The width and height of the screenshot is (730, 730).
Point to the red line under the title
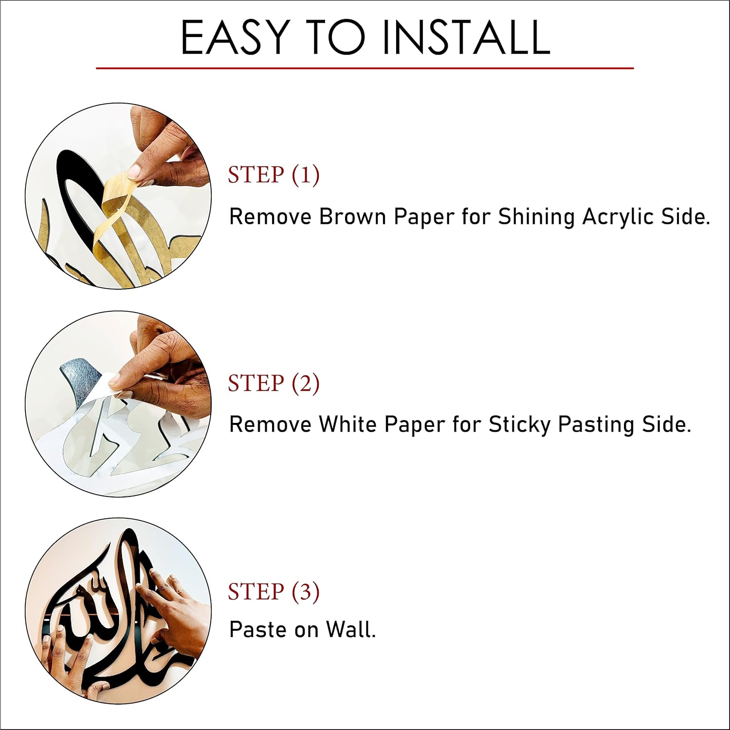[x=365, y=68]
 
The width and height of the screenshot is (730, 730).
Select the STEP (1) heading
[x=274, y=175]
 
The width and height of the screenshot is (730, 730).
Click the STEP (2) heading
[x=274, y=383]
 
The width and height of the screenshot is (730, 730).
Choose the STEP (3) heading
[x=274, y=591]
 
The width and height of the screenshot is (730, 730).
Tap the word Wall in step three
[x=350, y=629]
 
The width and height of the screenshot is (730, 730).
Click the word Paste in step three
[x=258, y=629]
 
